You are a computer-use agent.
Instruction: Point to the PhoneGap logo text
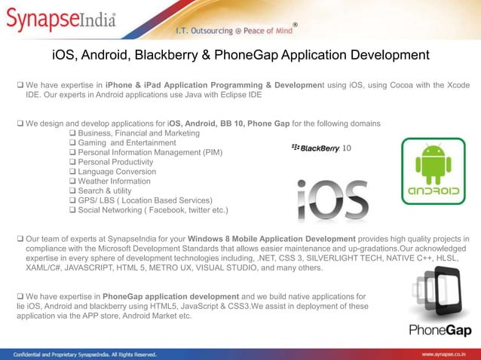(x=441, y=329)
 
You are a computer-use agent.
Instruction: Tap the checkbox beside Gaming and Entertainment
(x=72, y=143)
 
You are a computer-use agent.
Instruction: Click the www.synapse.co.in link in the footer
(x=448, y=353)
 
